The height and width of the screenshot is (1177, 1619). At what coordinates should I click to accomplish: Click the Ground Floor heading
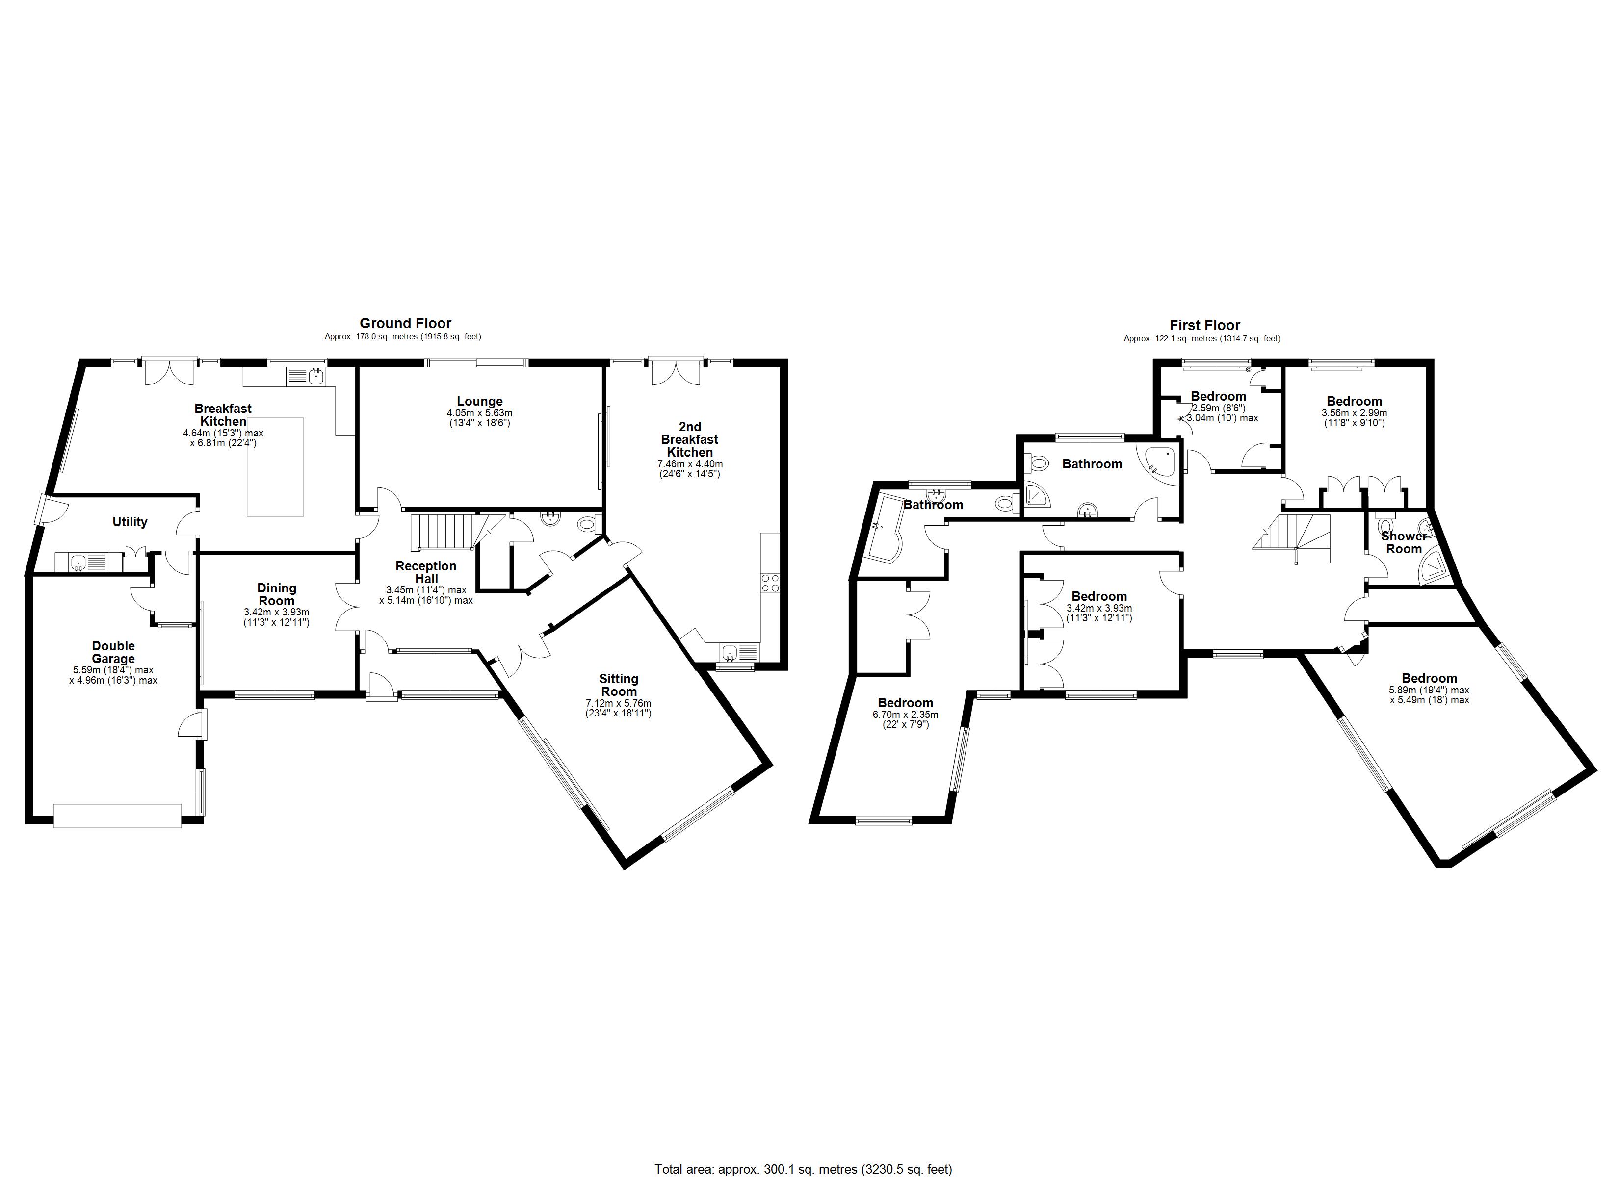coord(405,323)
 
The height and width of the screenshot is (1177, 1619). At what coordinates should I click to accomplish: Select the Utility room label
coord(130,522)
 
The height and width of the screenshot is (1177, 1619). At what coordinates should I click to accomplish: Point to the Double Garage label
coord(113,652)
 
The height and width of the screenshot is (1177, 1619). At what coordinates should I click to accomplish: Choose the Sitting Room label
coord(618,685)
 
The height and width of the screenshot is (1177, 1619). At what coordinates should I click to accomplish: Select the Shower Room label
coord(1404,542)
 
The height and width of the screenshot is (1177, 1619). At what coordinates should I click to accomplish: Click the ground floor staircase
coord(444,532)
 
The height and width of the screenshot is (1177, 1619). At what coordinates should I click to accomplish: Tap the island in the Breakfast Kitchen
coord(276,467)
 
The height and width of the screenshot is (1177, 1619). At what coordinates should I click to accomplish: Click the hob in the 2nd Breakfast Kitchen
coord(770,583)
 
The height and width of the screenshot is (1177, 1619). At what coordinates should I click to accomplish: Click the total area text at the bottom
coord(803,1169)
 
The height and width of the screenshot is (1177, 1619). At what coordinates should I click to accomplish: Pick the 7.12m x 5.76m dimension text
coord(618,703)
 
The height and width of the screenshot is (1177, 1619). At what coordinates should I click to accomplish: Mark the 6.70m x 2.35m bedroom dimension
coord(905,715)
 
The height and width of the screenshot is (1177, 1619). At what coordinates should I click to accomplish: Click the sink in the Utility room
coord(78,563)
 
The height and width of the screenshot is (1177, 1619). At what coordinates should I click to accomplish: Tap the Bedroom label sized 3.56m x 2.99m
coord(1354,401)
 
